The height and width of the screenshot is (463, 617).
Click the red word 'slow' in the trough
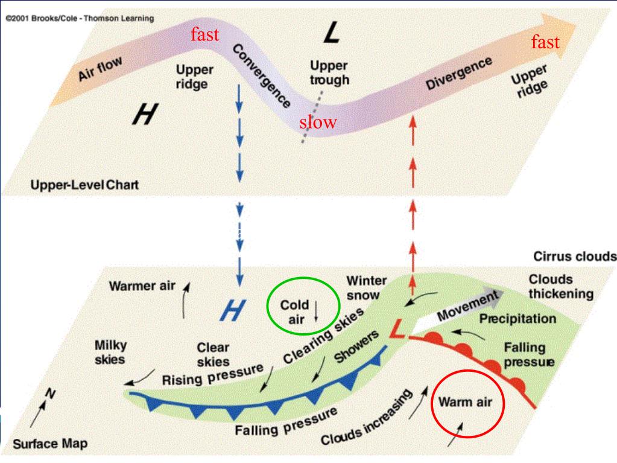click(318, 122)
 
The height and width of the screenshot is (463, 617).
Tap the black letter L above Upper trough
click(332, 32)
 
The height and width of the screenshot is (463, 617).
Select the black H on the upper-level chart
click(145, 113)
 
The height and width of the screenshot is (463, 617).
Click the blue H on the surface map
click(233, 310)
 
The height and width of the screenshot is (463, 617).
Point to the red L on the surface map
click(398, 328)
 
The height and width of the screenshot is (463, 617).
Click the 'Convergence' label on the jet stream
click(261, 75)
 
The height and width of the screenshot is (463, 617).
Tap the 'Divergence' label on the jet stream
click(459, 73)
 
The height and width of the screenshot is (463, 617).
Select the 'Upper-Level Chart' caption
click(84, 185)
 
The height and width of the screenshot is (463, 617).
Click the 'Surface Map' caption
click(50, 444)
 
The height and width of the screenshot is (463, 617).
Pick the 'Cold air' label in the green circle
click(295, 312)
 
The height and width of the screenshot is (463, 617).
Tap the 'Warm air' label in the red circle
click(465, 402)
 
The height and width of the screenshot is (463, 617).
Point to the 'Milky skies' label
click(110, 353)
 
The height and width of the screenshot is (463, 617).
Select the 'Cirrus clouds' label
click(575, 257)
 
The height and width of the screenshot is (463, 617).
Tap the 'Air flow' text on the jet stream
click(100, 68)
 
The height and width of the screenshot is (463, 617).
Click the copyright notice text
click(80, 18)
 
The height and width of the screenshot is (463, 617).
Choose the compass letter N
click(51, 392)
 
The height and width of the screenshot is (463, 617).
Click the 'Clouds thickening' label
click(561, 286)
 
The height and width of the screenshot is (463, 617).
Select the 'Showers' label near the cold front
click(356, 346)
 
